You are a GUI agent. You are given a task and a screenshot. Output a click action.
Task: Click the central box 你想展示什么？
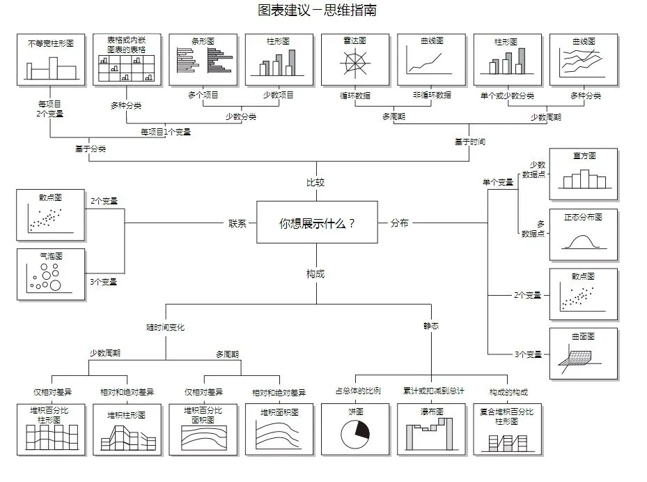pyautogui.click(x=317, y=223)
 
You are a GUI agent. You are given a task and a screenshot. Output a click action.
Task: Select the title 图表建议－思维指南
pyautogui.click(x=317, y=10)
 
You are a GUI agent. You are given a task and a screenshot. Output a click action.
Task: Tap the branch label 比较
pyautogui.click(x=315, y=183)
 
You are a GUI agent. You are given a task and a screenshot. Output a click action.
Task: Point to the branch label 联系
pyautogui.click(x=237, y=223)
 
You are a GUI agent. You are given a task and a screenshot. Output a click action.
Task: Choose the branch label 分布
pyautogui.click(x=400, y=223)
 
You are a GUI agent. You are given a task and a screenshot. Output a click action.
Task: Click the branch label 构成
pyautogui.click(x=315, y=274)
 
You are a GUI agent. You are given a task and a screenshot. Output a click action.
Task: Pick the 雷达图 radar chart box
pyautogui.click(x=354, y=59)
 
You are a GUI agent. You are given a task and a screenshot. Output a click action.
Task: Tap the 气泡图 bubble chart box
pyautogui.click(x=51, y=274)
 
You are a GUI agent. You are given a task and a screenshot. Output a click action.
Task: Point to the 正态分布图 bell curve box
pyautogui.click(x=584, y=234)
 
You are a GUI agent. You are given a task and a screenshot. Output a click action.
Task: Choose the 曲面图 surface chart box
pyautogui.click(x=584, y=354)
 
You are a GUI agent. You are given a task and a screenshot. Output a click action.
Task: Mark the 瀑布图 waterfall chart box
pyautogui.click(x=431, y=429)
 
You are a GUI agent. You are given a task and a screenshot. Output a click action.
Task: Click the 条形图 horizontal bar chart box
pyautogui.click(x=203, y=59)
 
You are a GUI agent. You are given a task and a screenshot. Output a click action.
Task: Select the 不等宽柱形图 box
pyautogui.click(x=51, y=59)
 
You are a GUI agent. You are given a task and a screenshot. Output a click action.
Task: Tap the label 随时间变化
pyautogui.click(x=165, y=326)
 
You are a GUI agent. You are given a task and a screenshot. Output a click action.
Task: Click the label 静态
pyautogui.click(x=431, y=326)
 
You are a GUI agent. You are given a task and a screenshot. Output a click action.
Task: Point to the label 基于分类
pyautogui.click(x=91, y=149)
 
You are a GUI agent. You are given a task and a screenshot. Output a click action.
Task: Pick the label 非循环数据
pyautogui.click(x=431, y=95)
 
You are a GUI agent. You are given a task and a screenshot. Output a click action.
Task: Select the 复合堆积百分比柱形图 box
pyautogui.click(x=507, y=429)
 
